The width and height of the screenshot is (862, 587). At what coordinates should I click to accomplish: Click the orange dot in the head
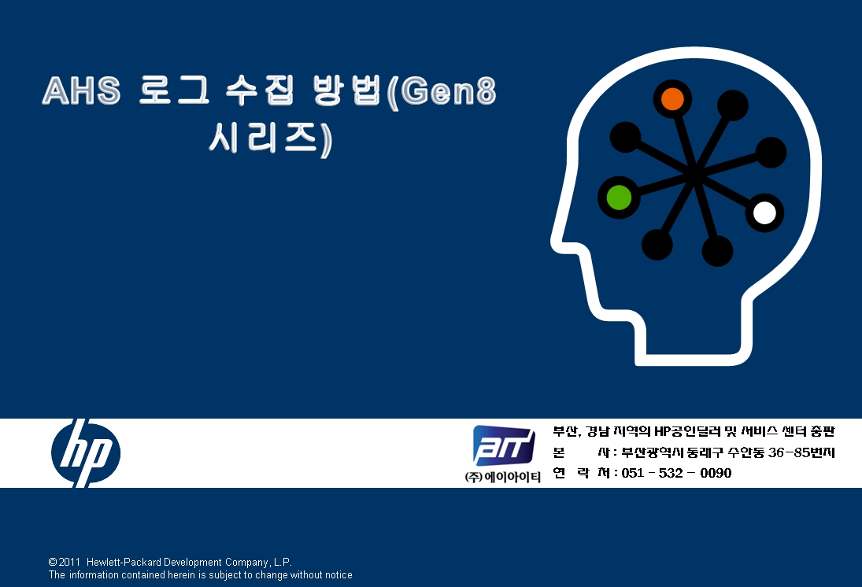point(672,99)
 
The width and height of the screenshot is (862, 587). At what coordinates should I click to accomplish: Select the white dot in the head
point(764,212)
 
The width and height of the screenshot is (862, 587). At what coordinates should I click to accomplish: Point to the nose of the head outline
point(554,240)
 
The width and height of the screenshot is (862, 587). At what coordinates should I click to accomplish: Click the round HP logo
point(86,453)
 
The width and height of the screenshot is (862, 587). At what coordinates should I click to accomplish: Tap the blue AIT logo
point(504,445)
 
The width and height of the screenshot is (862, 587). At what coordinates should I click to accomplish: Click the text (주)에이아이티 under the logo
point(502,477)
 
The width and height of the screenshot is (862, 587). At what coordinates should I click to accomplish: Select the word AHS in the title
point(81,90)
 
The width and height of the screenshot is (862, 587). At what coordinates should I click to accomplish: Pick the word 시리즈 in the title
point(264,138)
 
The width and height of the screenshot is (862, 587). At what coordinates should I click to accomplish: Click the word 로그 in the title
point(174,90)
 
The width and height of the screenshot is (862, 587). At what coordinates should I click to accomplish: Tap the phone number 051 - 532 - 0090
point(676,473)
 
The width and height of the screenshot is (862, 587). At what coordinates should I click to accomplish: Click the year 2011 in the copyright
point(70,563)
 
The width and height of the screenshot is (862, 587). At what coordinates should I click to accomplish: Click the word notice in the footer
point(338,575)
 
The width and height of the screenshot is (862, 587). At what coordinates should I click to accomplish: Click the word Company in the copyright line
point(247,563)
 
